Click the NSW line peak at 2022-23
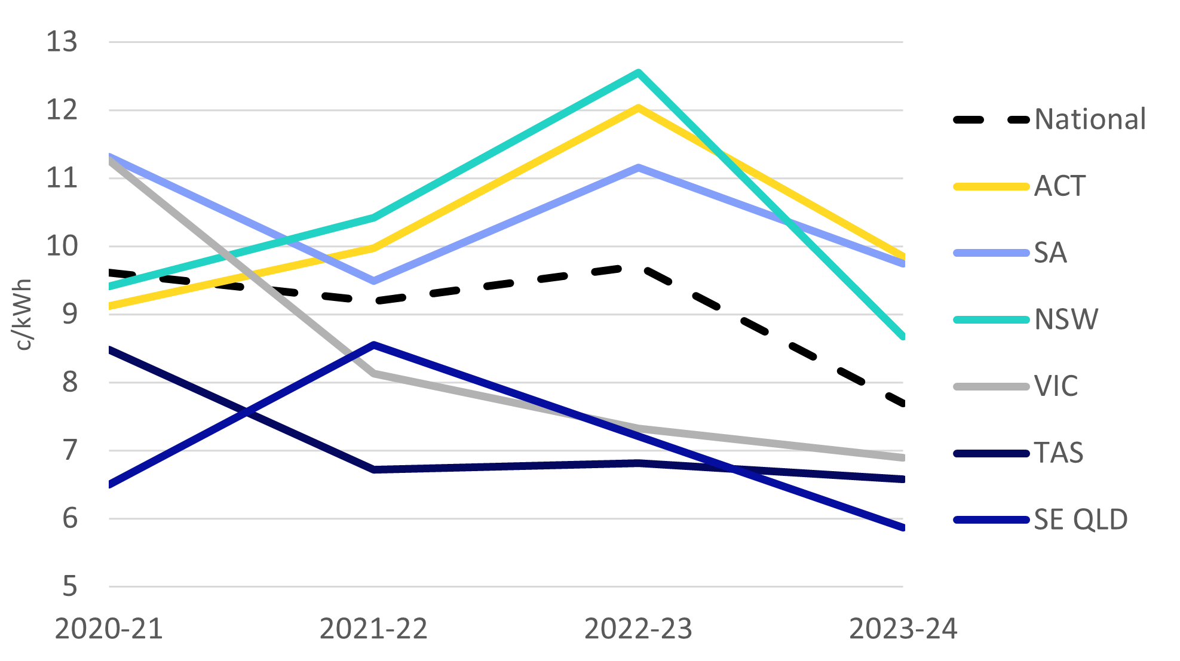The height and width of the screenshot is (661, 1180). pos(638,73)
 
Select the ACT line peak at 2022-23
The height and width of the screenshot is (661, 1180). pos(638,108)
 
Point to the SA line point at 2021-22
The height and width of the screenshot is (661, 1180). pos(373,280)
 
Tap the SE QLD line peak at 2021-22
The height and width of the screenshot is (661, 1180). pos(373,345)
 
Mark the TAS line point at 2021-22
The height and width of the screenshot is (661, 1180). pos(373,469)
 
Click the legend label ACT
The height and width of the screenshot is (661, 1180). pos(1059,186)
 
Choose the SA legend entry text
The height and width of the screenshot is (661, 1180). pos(1050,253)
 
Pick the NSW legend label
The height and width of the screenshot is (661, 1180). pos(1066,319)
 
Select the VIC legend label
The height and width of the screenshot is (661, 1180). pos(1056,386)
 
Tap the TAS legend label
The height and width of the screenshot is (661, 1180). pos(1059,453)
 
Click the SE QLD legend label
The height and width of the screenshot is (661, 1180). pos(1081,519)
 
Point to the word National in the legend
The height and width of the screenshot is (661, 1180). pos(1090,119)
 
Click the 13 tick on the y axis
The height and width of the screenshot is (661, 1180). pos(62,42)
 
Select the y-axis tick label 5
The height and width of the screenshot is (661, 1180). pos(69,586)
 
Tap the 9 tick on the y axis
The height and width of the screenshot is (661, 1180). pos(69,314)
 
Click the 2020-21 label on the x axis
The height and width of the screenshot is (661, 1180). pos(109,629)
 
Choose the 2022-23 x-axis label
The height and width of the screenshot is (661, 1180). pos(638,629)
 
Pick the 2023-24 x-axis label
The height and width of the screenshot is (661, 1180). pos(903,629)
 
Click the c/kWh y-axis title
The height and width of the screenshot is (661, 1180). pos(24,314)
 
